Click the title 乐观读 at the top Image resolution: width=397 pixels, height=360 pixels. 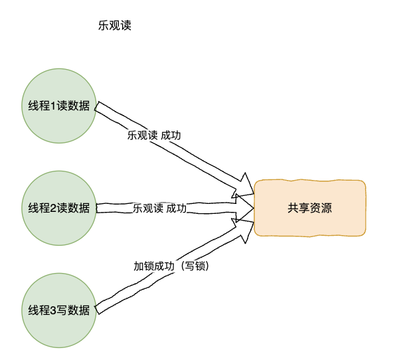click(x=115, y=26)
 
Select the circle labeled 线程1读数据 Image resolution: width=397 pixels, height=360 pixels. click(x=59, y=106)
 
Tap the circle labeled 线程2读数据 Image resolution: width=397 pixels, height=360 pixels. click(x=59, y=208)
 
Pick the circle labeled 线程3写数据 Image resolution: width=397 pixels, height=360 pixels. click(x=59, y=310)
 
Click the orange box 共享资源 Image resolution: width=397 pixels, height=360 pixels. click(x=309, y=208)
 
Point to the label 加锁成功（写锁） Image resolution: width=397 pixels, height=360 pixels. click(x=171, y=266)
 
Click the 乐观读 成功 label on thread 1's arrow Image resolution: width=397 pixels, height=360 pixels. click(x=154, y=135)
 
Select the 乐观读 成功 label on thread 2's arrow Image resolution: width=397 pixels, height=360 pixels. click(x=160, y=209)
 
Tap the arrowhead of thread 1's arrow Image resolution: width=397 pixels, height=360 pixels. click(x=244, y=185)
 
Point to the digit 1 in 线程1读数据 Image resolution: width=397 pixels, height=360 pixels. click(x=53, y=106)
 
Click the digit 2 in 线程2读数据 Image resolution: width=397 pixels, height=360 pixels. click(x=53, y=209)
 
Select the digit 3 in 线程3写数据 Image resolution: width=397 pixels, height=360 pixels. click(x=53, y=311)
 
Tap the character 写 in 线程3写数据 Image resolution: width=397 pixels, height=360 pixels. click(x=62, y=310)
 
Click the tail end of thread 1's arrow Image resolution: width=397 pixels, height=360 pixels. click(x=97, y=106)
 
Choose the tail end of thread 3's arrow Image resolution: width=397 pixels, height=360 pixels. click(x=97, y=310)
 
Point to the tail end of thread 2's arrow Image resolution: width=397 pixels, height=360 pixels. click(x=97, y=208)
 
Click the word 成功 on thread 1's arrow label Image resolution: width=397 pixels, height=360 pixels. click(x=171, y=135)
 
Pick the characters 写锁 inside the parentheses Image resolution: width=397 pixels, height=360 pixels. click(x=195, y=266)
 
